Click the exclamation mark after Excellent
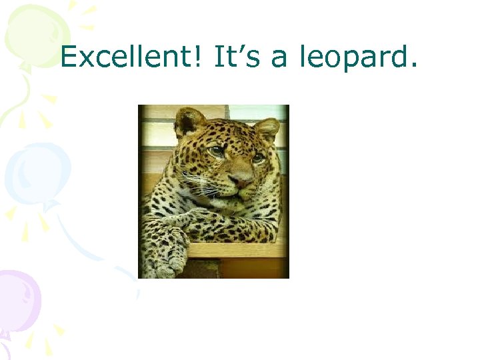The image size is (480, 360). point(203,58)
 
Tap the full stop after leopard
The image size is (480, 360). point(415,67)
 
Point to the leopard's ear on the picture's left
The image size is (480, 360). point(189,121)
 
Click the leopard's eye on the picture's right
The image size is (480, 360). point(257,157)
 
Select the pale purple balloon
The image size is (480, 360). point(19,300)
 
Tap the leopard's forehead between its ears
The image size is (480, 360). point(230,130)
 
